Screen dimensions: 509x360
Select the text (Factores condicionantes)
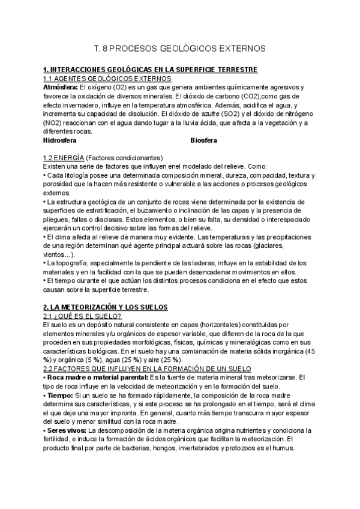[128, 158]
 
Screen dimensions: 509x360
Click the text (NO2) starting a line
[55, 123]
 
